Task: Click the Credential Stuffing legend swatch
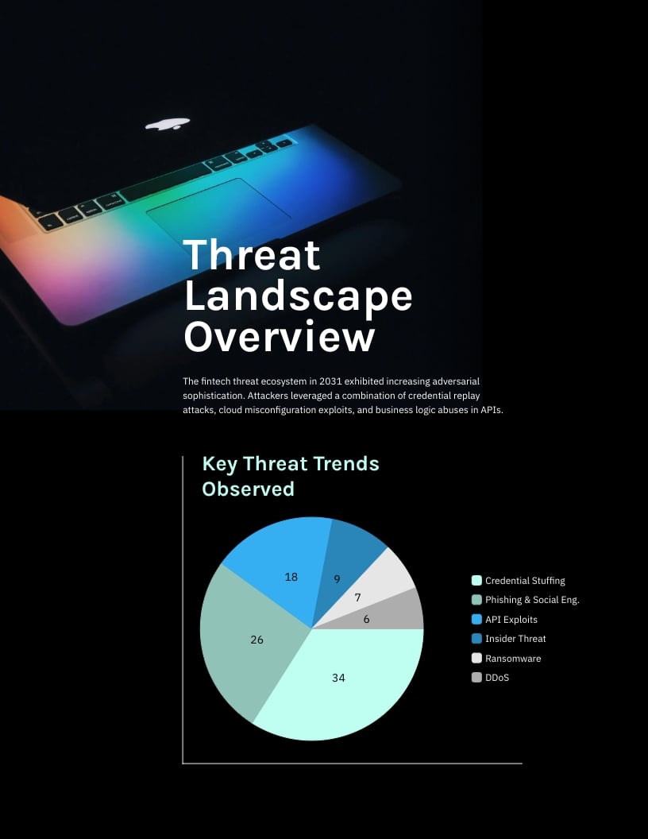(476, 581)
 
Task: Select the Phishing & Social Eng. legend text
(532, 600)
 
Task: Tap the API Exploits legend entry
(511, 620)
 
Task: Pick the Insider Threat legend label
(515, 639)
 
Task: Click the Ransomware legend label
(512, 659)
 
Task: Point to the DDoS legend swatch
(476, 678)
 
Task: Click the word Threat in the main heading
(253, 256)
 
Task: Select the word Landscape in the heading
(299, 296)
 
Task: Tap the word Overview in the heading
(279, 336)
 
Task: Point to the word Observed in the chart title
(248, 489)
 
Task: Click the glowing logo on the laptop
(168, 123)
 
